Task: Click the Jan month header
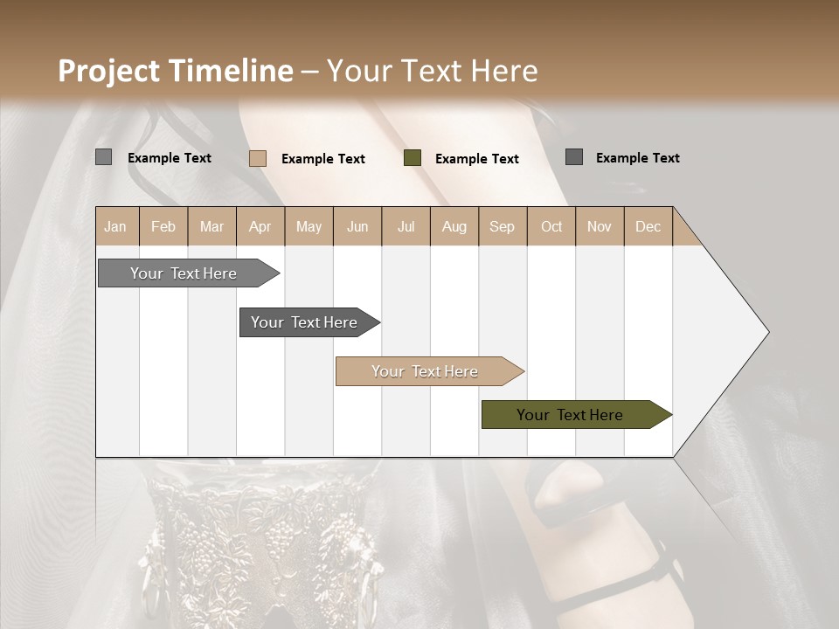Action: point(115,226)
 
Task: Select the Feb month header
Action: point(163,226)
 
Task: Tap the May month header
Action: point(309,226)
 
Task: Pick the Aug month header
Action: point(454,226)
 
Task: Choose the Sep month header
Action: point(502,226)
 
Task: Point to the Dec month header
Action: point(648,226)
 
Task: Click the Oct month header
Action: point(551,226)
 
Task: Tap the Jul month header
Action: point(406,226)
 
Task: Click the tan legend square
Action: point(258,158)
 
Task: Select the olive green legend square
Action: point(413,157)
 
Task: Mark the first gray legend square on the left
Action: point(104,157)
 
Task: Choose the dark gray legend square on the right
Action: point(574,156)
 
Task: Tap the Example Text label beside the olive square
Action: point(476,159)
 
